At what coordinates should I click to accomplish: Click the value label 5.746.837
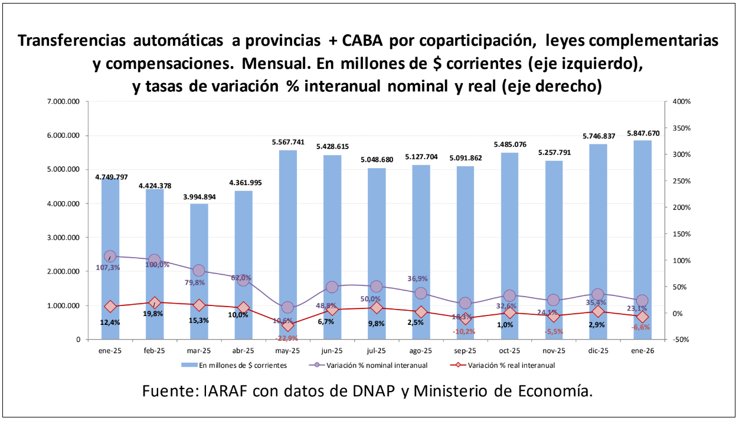pos(599,136)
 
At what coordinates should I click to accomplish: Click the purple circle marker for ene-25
pos(110,256)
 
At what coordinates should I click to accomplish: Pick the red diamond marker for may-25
pos(288,325)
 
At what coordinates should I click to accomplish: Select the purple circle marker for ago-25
pos(421,294)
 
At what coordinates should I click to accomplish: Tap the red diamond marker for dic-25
pos(599,312)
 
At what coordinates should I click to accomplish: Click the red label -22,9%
pos(287,338)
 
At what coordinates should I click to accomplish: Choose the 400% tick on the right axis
pos(681,102)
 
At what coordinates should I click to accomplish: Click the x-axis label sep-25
pos(465,351)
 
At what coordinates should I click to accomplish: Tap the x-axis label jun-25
pos(332,351)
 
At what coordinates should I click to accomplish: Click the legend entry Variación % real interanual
pos(511,365)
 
